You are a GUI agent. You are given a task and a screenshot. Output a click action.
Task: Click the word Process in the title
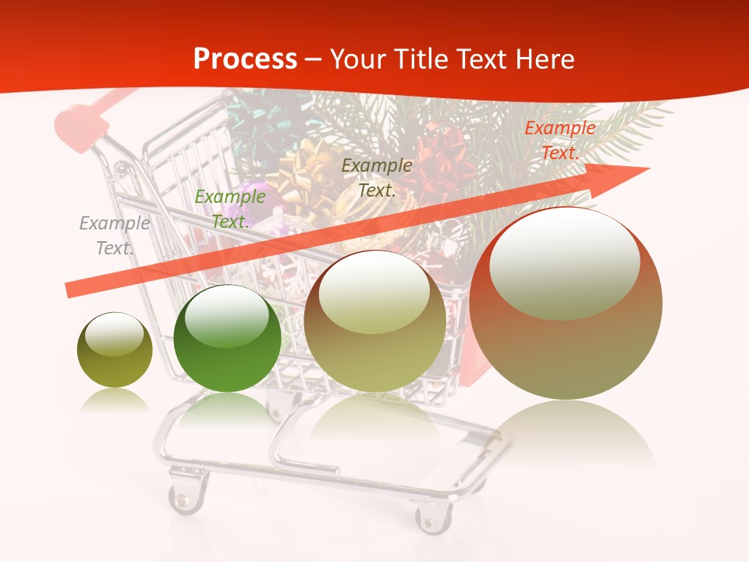245,59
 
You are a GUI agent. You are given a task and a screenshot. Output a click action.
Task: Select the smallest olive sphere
115,350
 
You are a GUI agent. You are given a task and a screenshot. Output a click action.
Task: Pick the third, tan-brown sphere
375,321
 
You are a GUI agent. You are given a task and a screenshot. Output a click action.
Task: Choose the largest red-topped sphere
566,304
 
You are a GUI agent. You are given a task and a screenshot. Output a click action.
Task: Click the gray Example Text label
114,236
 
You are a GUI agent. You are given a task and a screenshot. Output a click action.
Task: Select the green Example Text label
229,209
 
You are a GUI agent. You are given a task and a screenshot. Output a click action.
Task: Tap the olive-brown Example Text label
377,178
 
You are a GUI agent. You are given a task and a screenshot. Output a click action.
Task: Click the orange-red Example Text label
559,140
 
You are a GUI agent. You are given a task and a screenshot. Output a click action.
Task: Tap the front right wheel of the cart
433,516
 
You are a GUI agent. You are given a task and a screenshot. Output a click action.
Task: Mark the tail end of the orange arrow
70,290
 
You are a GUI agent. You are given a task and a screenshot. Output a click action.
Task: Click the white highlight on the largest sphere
564,264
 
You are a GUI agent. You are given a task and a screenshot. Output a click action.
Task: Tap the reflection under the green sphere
227,410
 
